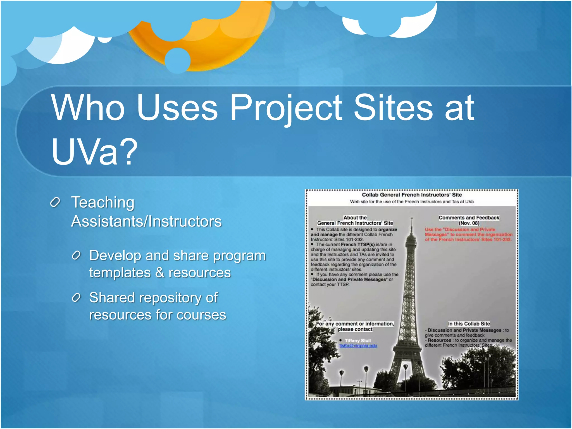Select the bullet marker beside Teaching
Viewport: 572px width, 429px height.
pyautogui.click(x=55, y=202)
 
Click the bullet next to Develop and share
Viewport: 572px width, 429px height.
pyautogui.click(x=76, y=255)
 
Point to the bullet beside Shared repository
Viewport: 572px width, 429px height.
pyautogui.click(x=76, y=298)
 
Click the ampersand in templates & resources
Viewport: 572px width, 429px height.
pyautogui.click(x=159, y=273)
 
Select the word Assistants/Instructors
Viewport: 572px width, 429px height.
pyautogui.click(x=146, y=221)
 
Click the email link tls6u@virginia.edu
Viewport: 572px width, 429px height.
pyautogui.click(x=358, y=346)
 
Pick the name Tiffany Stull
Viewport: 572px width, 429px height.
pyautogui.click(x=357, y=340)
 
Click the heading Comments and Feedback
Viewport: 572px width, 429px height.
pyautogui.click(x=469, y=218)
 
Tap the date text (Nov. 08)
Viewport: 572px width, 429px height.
pyautogui.click(x=469, y=223)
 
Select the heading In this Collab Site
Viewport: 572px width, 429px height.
pyautogui.click(x=469, y=324)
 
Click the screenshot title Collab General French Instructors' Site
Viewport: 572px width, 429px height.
pyautogui.click(x=412, y=195)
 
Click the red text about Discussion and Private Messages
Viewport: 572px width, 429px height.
pyautogui.click(x=468, y=235)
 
